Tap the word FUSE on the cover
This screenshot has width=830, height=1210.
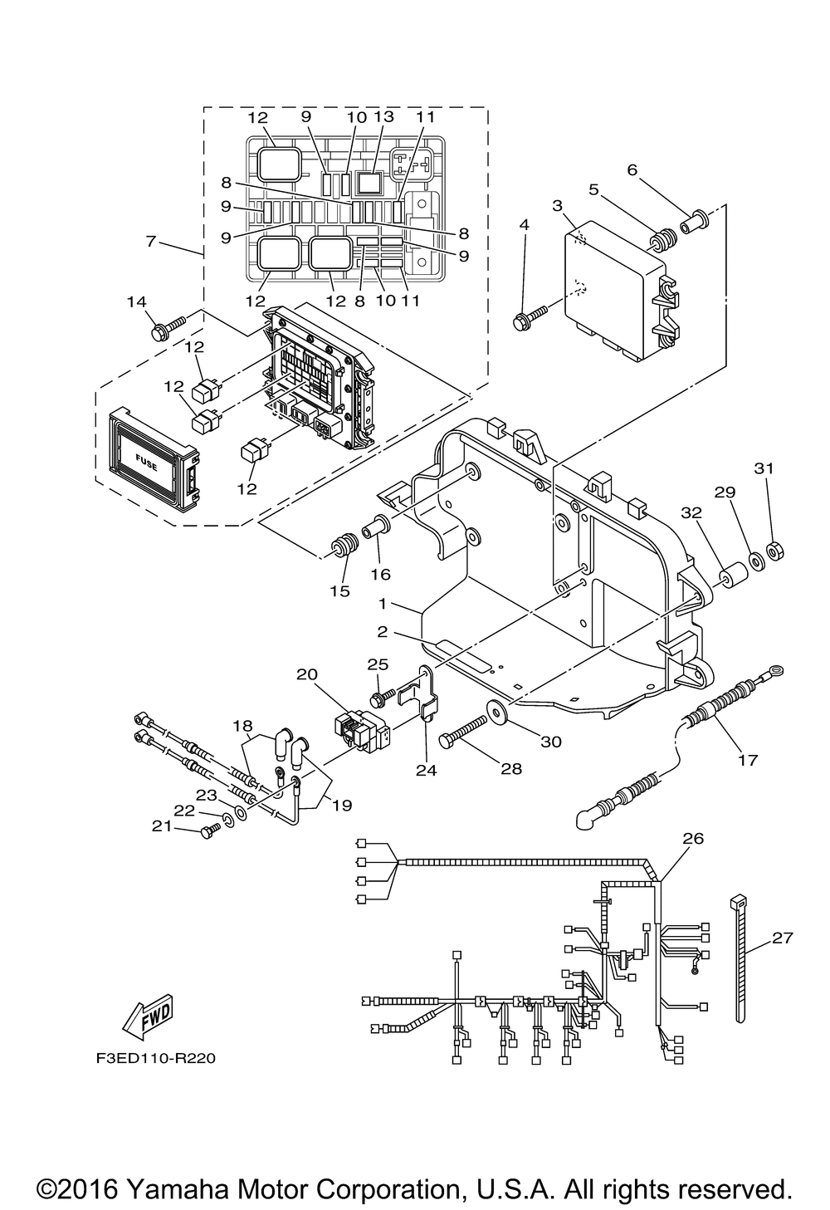[x=146, y=463]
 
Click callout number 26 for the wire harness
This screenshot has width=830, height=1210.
[x=693, y=838]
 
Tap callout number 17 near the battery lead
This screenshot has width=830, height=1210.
[x=747, y=760]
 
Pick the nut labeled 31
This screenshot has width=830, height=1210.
[x=775, y=551]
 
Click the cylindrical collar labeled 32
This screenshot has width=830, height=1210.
[x=735, y=577]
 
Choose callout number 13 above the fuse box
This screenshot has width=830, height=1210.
[x=384, y=116]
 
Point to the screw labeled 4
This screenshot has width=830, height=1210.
[x=530, y=318]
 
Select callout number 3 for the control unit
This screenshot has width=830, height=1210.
[x=557, y=206]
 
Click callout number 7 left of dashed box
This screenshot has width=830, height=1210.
[x=151, y=241]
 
